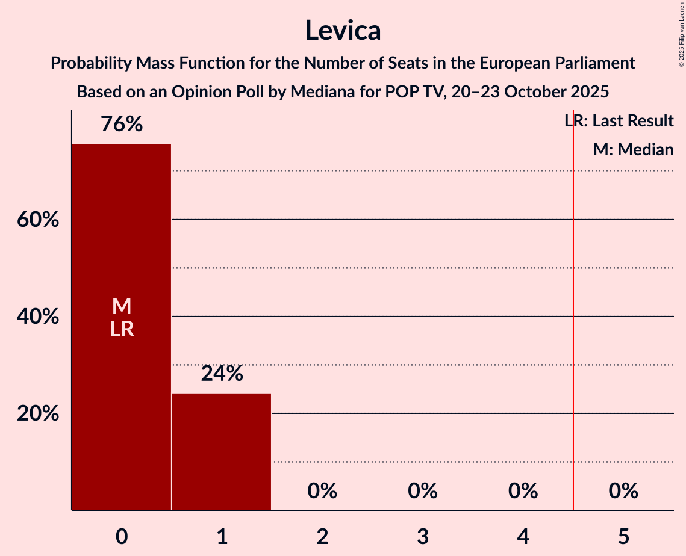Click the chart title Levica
[x=343, y=30]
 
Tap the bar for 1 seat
[x=222, y=451]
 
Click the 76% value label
[x=122, y=125]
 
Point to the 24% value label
[x=222, y=374]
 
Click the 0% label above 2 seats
[x=322, y=492]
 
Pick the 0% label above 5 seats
[x=623, y=492]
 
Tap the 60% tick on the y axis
[x=38, y=220]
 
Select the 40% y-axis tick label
[x=38, y=317]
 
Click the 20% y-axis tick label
[x=38, y=414]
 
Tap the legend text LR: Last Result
[x=619, y=121]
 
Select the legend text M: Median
[x=633, y=150]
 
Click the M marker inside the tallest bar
[x=122, y=306]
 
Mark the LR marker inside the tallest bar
[x=122, y=329]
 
